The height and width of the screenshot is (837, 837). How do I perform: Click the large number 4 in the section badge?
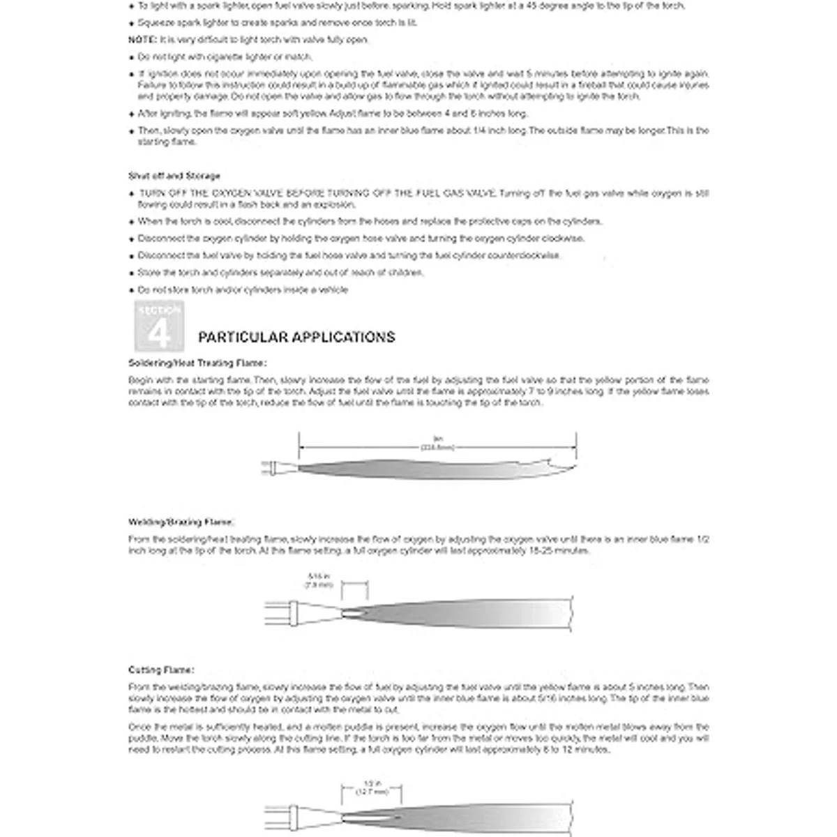[x=159, y=333]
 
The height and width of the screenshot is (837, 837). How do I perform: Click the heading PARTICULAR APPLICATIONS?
[x=296, y=338]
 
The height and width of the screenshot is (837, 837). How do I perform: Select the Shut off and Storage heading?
[x=174, y=176]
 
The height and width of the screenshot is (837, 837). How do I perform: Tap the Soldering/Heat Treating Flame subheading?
[x=197, y=363]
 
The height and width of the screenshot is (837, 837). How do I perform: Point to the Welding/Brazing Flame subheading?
[x=181, y=522]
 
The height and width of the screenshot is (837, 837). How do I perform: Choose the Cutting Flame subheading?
[x=161, y=670]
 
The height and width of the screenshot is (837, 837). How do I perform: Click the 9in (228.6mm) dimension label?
[x=438, y=443]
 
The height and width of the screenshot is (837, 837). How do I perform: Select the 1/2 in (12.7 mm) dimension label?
[x=372, y=787]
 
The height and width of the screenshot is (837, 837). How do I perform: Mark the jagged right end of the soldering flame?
[x=561, y=462]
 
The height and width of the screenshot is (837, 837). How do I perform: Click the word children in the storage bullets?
[x=405, y=273]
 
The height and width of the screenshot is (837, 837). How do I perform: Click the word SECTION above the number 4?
[x=159, y=310]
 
